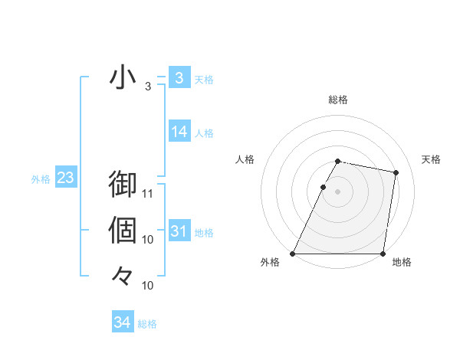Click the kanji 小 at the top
click(123, 78)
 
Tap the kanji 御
click(123, 186)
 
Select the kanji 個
click(123, 230)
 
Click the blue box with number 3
click(179, 77)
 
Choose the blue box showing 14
click(179, 132)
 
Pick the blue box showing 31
click(179, 231)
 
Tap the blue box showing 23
click(65, 178)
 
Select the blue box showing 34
click(122, 322)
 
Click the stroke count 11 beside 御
click(148, 194)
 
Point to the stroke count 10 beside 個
click(148, 240)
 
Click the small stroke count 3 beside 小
click(148, 87)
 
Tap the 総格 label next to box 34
click(147, 324)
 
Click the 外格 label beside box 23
click(41, 179)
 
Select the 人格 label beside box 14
click(204, 133)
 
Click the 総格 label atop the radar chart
click(338, 100)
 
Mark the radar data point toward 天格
click(396, 173)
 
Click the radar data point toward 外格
click(293, 253)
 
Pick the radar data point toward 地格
click(383, 253)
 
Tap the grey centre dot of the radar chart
click(338, 191)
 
